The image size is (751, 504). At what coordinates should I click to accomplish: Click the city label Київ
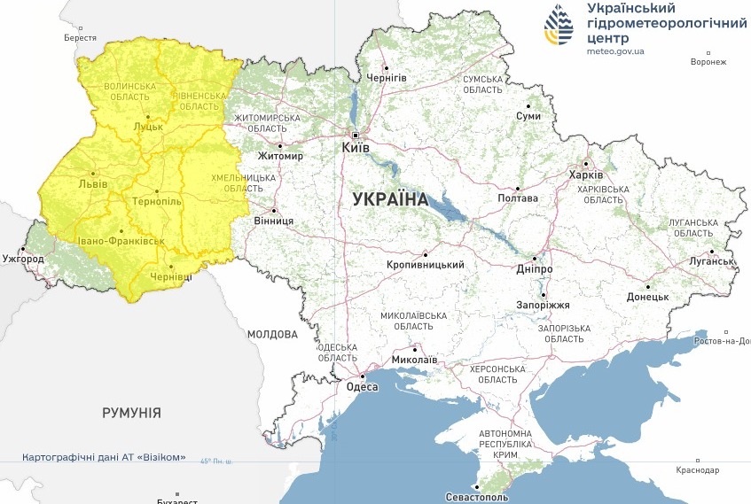coord(355,148)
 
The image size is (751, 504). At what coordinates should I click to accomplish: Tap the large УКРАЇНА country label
coord(390,199)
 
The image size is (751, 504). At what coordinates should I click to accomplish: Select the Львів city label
coord(93,183)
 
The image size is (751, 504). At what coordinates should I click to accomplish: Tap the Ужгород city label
coord(23,259)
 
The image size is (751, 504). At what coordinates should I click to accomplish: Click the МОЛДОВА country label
coord(272,335)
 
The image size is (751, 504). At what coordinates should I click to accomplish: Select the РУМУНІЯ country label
coord(131,413)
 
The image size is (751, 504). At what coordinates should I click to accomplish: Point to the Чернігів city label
coord(387,78)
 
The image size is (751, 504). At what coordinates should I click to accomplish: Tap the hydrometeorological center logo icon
coord(559,26)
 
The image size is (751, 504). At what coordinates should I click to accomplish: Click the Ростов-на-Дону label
coord(723,341)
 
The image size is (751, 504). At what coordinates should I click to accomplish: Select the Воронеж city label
coord(708,62)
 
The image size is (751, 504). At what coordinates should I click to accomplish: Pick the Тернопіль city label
coord(156,201)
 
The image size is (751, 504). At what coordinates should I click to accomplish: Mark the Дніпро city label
coord(534,268)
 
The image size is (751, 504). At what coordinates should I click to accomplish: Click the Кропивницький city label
coord(426,264)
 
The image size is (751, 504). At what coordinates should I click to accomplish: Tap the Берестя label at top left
coord(80,38)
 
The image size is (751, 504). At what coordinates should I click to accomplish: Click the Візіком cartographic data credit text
coord(105,457)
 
